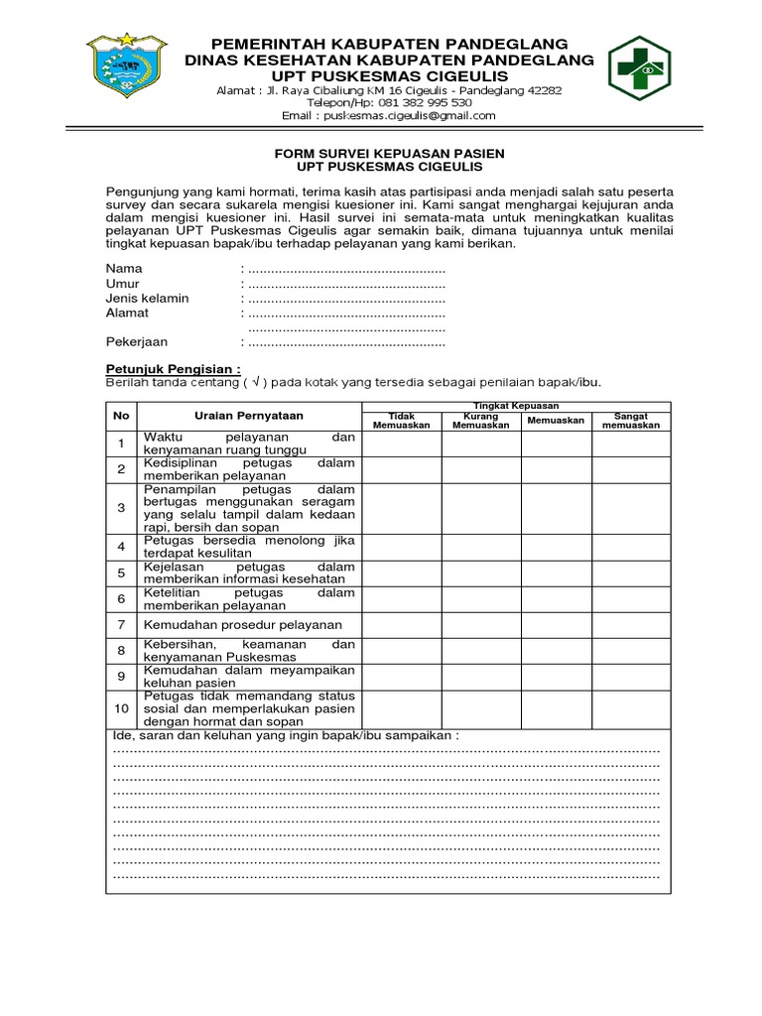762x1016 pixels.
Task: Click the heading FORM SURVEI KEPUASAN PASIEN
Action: (x=389, y=153)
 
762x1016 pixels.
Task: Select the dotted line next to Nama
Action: (x=345, y=269)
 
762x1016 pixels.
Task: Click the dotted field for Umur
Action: (x=345, y=284)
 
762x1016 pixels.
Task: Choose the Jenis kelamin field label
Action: (x=147, y=298)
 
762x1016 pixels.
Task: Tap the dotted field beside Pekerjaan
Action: (x=345, y=342)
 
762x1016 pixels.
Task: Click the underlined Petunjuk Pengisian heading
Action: (x=174, y=367)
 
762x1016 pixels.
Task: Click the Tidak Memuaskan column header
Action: (x=401, y=420)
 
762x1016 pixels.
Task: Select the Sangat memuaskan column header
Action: (x=631, y=420)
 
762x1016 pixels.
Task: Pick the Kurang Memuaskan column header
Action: (x=481, y=420)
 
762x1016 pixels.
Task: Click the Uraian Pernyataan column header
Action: (x=249, y=416)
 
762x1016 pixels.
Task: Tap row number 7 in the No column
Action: (x=121, y=624)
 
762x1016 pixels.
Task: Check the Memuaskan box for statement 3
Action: (x=557, y=507)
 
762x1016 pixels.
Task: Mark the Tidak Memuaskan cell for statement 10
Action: (x=401, y=708)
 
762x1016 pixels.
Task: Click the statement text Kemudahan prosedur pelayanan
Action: (x=243, y=624)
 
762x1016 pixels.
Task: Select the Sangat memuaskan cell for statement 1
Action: (x=631, y=443)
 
